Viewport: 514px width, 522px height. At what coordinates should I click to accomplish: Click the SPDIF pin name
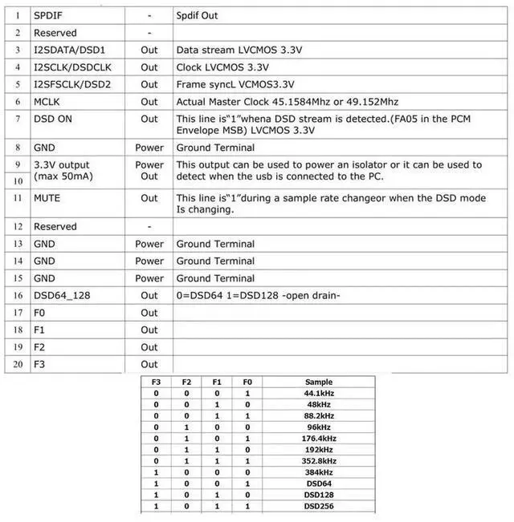(x=48, y=16)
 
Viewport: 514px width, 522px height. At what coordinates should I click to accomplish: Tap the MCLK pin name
(x=47, y=102)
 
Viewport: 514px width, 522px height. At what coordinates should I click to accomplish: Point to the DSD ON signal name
(x=54, y=119)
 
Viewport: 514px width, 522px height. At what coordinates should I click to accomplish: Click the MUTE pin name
(x=47, y=197)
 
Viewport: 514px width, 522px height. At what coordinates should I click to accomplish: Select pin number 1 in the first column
(x=17, y=16)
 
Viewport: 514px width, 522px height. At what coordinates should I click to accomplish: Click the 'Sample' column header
(x=319, y=382)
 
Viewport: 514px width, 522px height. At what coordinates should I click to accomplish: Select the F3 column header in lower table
(x=156, y=382)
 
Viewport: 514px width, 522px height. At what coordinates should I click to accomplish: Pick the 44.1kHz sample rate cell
(x=319, y=394)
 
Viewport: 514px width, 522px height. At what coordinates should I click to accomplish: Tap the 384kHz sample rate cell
(x=319, y=472)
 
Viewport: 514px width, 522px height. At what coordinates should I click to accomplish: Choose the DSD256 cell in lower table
(x=319, y=507)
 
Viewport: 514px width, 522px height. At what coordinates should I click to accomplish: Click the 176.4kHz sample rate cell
(x=319, y=439)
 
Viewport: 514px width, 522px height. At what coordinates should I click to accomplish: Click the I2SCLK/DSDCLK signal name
(x=71, y=67)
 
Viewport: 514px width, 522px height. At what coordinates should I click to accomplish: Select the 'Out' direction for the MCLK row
(x=149, y=102)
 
